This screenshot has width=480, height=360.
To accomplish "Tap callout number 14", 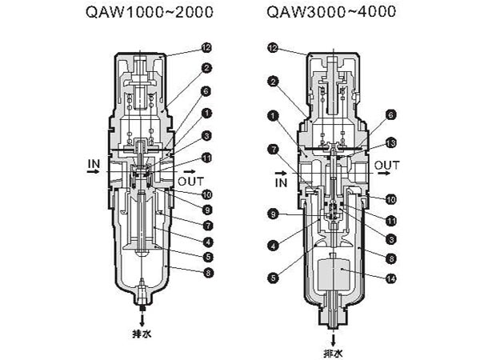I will tap(391, 278).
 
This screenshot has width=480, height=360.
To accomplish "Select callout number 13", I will tap(391, 142).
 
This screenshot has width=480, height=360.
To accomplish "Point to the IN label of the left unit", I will tap(91, 167).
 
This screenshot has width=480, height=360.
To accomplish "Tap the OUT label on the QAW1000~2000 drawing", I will tap(192, 181).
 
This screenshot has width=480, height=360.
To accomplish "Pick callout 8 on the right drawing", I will tap(391, 258).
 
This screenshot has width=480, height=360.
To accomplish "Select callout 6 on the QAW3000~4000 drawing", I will tap(391, 114).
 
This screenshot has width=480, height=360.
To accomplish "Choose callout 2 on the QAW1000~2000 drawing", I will tap(206, 69).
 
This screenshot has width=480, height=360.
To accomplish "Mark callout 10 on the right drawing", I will tap(391, 198).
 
